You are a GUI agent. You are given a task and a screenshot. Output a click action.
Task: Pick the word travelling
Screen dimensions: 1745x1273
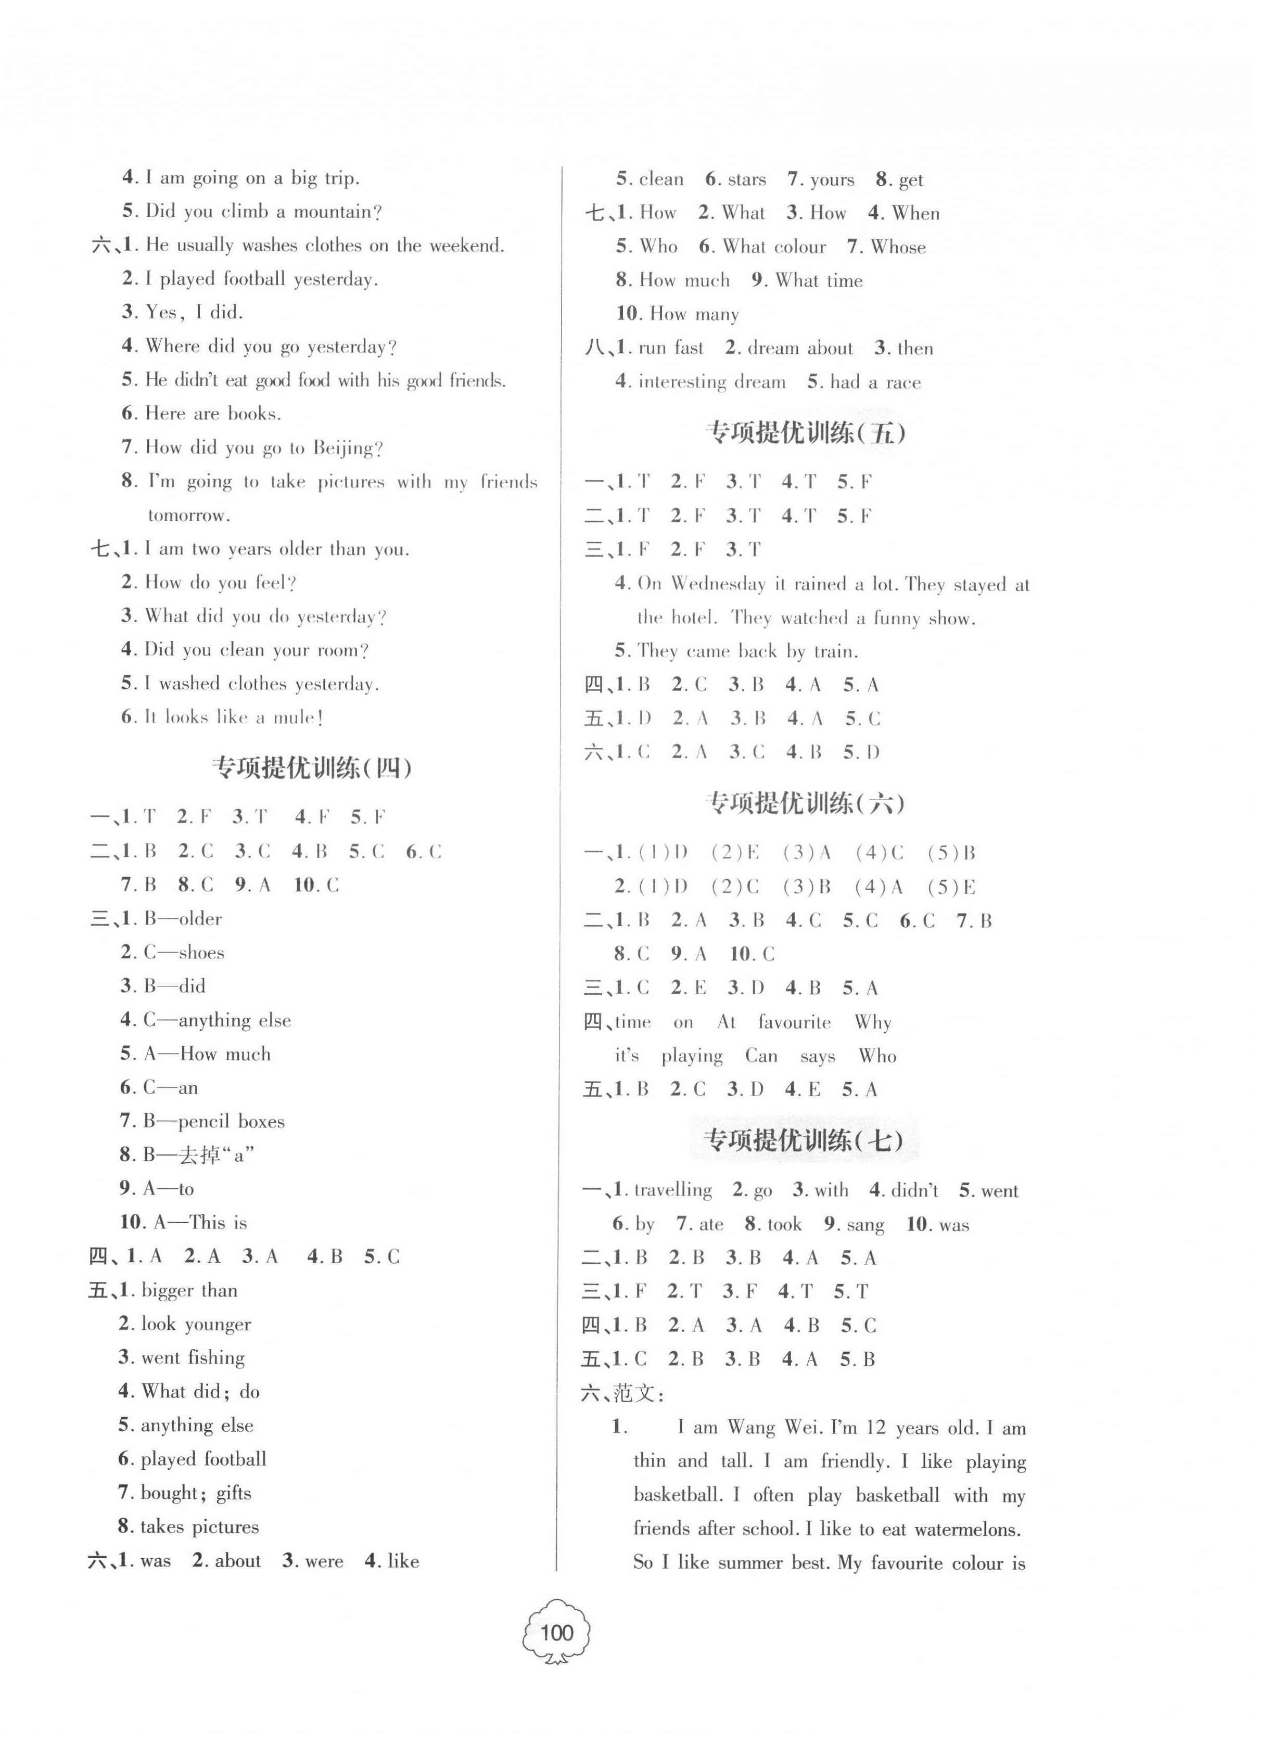[673, 1190]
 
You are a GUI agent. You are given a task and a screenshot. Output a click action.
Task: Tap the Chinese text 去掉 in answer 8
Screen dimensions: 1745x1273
[199, 1155]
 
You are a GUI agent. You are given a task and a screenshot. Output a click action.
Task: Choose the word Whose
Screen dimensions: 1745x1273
[898, 247]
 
